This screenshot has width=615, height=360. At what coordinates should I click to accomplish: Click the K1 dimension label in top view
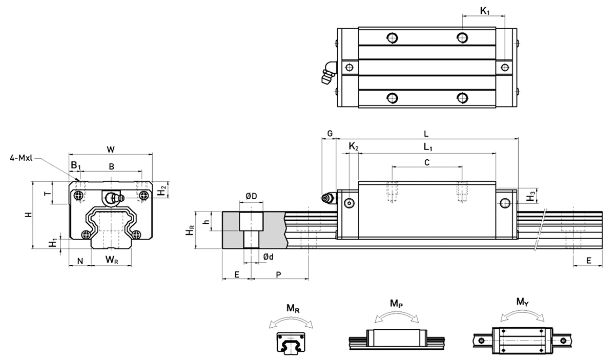tap(484, 10)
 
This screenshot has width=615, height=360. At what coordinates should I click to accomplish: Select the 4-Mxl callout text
tap(21, 158)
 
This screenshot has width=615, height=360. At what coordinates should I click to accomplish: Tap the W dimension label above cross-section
tap(111, 149)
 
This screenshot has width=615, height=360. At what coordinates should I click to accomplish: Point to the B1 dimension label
tap(75, 165)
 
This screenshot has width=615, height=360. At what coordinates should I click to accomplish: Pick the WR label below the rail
tap(112, 260)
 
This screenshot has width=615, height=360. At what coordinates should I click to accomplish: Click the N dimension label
tap(80, 261)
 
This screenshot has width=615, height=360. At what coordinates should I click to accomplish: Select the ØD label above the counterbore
tap(251, 196)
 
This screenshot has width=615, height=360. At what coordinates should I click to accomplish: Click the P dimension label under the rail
tap(278, 274)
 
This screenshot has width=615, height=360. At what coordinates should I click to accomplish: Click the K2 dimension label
tap(353, 147)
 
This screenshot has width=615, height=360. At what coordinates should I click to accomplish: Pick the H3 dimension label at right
tap(531, 195)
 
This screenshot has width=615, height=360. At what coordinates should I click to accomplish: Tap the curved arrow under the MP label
tap(396, 316)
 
